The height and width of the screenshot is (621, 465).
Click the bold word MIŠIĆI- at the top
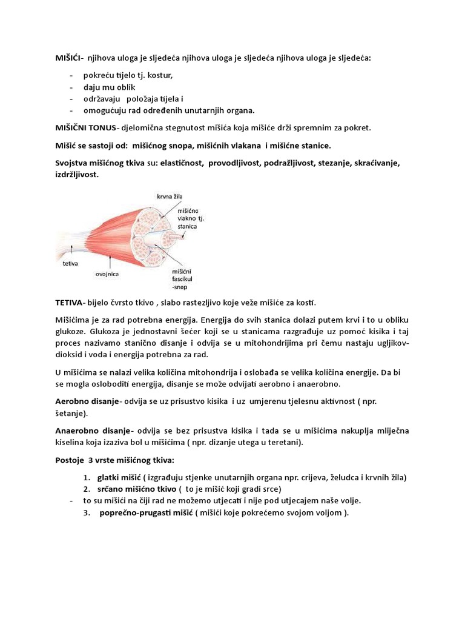pyautogui.click(x=69, y=58)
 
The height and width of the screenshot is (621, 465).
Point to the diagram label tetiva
pyautogui.click(x=73, y=264)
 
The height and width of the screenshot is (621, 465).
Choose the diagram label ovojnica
pyautogui.click(x=107, y=274)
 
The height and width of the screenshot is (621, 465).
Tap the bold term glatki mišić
pyautogui.click(x=118, y=477)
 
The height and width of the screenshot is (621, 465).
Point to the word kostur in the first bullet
pyautogui.click(x=162, y=76)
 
